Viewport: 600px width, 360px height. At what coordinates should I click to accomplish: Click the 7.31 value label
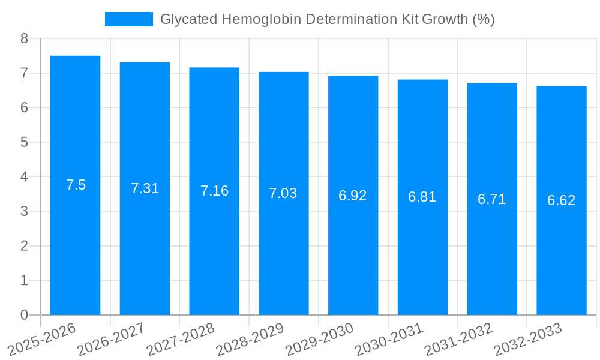pyautogui.click(x=145, y=188)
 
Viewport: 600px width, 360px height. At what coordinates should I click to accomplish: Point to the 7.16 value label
pyautogui.click(x=214, y=191)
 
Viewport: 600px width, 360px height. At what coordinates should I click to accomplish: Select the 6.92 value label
pyautogui.click(x=353, y=196)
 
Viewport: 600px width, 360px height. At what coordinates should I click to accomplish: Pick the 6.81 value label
pyautogui.click(x=422, y=197)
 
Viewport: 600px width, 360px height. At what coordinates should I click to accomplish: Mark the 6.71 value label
pyautogui.click(x=492, y=199)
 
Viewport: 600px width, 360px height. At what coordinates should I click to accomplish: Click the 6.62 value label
pyautogui.click(x=561, y=200)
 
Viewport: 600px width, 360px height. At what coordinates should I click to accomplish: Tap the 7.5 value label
pyautogui.click(x=76, y=185)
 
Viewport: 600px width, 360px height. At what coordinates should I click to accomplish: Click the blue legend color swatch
pyautogui.click(x=128, y=19)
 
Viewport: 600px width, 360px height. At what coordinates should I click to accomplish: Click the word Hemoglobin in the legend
pyautogui.click(x=262, y=19)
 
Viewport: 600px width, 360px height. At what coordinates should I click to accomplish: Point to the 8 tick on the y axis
pyautogui.click(x=24, y=39)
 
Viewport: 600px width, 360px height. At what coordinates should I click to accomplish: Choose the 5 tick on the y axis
pyautogui.click(x=24, y=143)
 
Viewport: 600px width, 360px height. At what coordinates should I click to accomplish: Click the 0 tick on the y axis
pyautogui.click(x=24, y=315)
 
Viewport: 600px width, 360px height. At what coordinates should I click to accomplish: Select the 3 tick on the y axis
pyautogui.click(x=24, y=212)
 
